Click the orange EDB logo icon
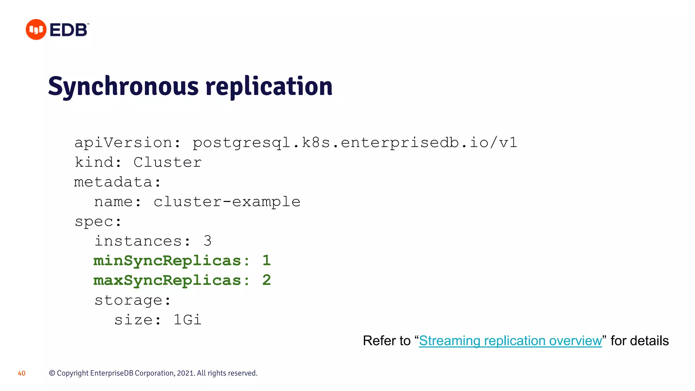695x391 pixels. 36,30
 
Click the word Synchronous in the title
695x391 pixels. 123,87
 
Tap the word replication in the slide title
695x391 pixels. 269,87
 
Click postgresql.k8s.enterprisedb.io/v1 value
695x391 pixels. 355,143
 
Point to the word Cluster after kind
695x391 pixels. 168,163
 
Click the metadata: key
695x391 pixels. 117,182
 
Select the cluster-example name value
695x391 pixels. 227,202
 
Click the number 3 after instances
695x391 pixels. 208,241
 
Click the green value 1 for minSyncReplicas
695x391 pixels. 266,261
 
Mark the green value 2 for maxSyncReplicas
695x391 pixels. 267,280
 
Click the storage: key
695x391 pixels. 132,300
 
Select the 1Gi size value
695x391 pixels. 187,320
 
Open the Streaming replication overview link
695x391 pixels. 510,341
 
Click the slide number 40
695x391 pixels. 21,373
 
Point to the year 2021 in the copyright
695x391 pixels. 185,373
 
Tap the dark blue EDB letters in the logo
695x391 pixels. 69,30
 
